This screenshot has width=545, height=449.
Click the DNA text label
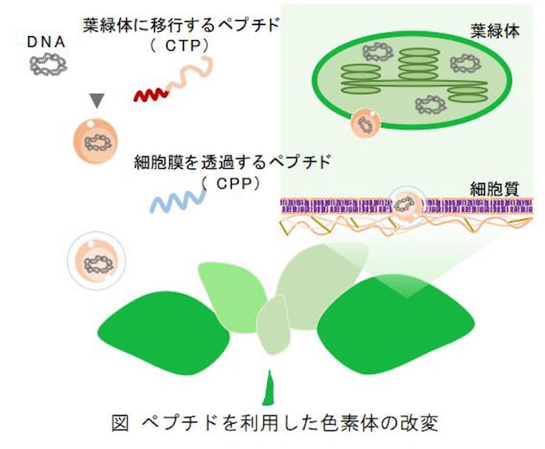[45, 41]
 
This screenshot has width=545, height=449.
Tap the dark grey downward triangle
[96, 99]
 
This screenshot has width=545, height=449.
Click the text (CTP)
[179, 46]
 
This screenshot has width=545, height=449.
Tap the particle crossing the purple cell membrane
[405, 206]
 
